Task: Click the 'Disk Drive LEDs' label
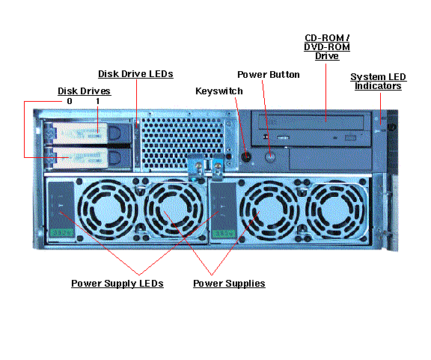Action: (x=136, y=74)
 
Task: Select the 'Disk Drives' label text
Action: (x=84, y=91)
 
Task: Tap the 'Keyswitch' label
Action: (x=219, y=91)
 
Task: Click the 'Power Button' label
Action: (x=268, y=75)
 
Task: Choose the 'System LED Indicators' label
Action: (x=376, y=82)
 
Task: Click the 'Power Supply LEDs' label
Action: (x=117, y=284)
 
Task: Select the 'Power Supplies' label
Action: (x=229, y=284)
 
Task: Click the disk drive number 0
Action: (x=70, y=101)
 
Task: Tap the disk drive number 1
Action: (x=97, y=101)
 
